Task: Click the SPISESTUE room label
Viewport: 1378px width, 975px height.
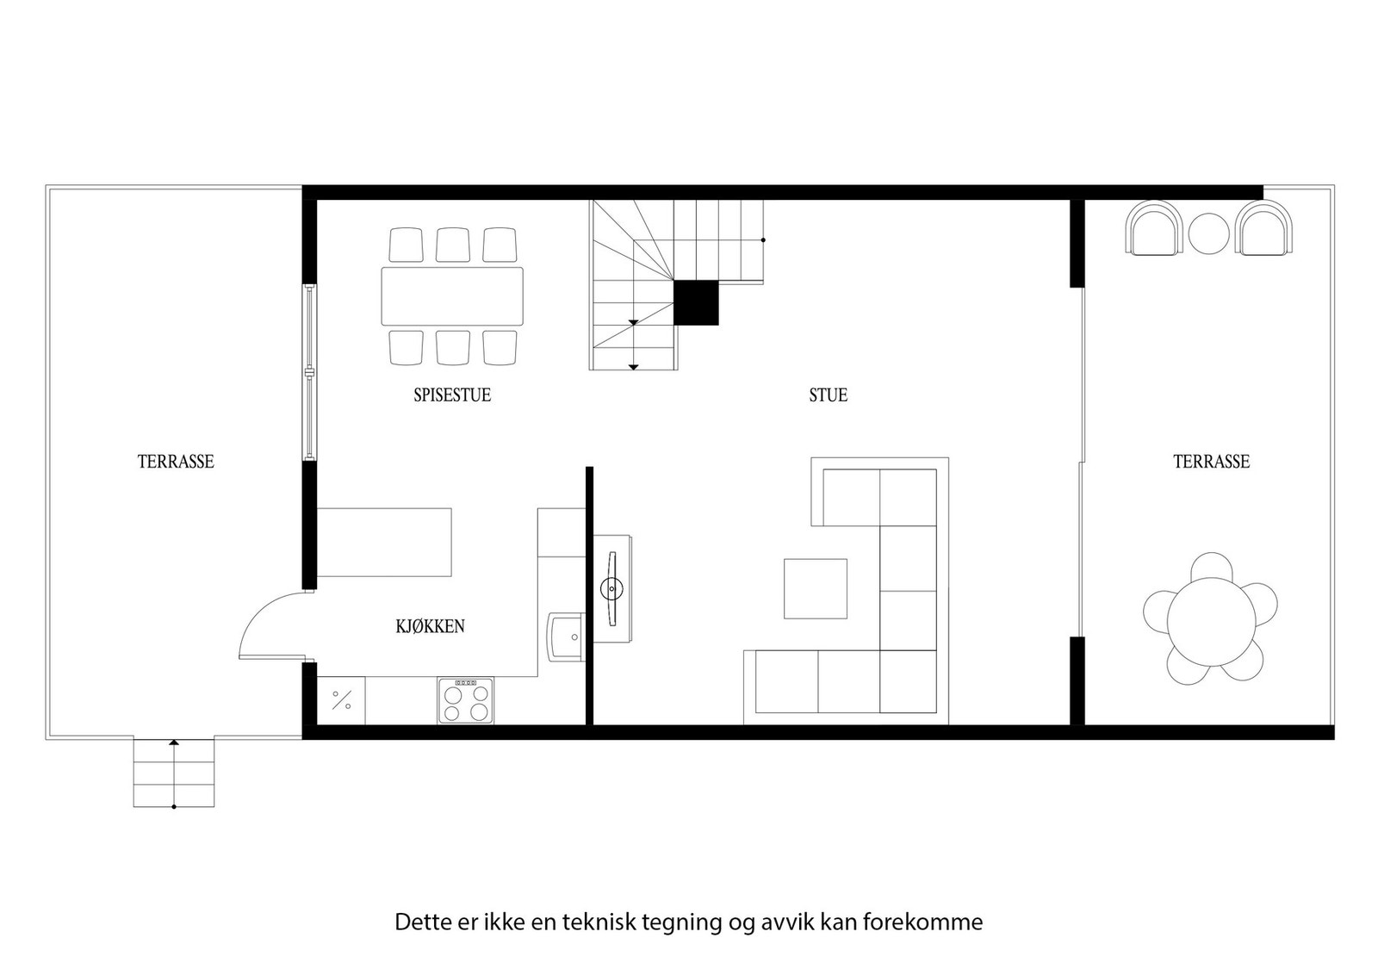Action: coord(451,395)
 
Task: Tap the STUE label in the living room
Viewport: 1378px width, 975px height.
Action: coord(828,395)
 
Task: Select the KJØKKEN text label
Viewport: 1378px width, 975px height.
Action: coord(430,626)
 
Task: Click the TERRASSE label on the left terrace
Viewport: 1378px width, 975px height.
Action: coord(175,462)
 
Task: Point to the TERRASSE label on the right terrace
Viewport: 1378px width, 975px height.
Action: coord(1210,462)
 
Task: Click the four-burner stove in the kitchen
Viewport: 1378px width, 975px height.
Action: coord(465,700)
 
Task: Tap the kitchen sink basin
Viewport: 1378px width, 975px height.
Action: coord(565,637)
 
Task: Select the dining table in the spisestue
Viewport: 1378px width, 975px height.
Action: coord(452,295)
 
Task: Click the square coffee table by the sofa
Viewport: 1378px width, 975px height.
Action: coord(815,588)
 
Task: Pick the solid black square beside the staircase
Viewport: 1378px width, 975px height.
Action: coord(695,303)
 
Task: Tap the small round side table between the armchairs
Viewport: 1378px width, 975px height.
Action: coord(1208,233)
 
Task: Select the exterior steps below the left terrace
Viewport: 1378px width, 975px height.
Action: coord(173,773)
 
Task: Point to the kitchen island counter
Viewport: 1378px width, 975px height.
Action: coord(384,542)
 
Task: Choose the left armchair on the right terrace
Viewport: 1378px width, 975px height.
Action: coord(1154,227)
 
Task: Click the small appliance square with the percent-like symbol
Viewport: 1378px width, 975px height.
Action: coord(341,700)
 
